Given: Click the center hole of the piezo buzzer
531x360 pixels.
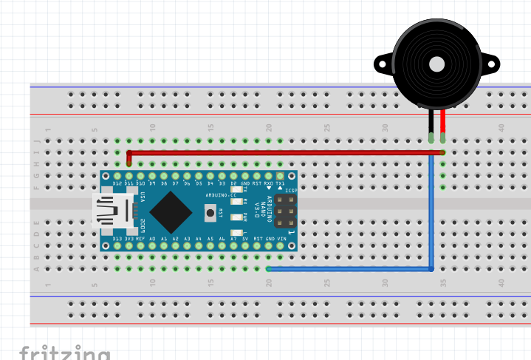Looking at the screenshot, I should (436, 63).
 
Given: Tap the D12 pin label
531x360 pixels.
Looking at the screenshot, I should (117, 183).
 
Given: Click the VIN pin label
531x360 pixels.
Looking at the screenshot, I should (281, 239).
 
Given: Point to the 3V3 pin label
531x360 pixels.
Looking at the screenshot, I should (129, 239).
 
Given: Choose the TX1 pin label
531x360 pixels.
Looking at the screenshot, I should (281, 183).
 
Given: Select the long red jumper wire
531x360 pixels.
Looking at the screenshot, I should (281, 152).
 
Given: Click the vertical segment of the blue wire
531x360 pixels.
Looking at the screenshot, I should (431, 214).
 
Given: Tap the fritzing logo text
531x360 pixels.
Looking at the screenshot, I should (65, 352).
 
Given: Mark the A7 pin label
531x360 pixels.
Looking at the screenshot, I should (234, 239).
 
